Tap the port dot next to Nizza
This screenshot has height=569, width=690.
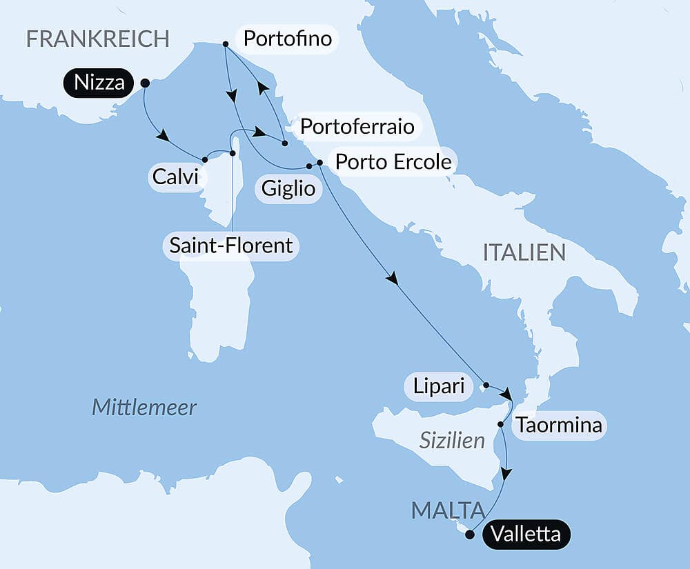click(x=145, y=83)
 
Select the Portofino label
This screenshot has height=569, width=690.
click(x=288, y=39)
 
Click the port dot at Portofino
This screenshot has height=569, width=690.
click(x=226, y=44)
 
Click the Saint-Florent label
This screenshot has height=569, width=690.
click(x=231, y=245)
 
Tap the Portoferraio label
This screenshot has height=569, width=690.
click(x=357, y=127)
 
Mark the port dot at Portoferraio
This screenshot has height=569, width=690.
click(x=284, y=143)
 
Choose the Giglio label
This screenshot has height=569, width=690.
click(x=288, y=188)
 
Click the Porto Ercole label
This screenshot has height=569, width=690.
click(x=393, y=162)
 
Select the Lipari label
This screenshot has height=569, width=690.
click(x=439, y=386)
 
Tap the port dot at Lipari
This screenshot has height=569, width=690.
click(x=486, y=385)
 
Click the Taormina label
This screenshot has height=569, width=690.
click(x=559, y=426)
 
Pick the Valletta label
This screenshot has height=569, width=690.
click(x=526, y=535)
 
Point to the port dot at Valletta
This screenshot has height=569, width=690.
click(x=470, y=534)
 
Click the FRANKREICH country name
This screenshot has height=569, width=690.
click(x=97, y=39)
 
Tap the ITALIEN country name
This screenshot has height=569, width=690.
click(x=524, y=252)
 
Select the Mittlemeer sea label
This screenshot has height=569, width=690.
click(x=144, y=408)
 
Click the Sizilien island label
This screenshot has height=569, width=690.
click(x=452, y=440)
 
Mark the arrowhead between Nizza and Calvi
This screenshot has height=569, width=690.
click(x=164, y=137)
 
